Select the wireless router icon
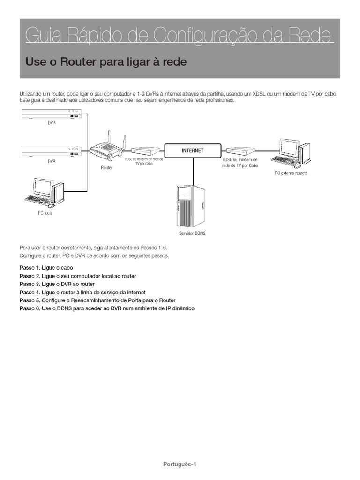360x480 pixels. pos(107,149)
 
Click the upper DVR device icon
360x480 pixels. pos(52,113)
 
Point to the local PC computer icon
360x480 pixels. pos(45,193)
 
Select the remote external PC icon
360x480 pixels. pos(292,153)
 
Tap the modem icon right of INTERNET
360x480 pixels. pos(240,150)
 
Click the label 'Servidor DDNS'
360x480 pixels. pos(192,233)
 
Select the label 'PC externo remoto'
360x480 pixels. pos(291,173)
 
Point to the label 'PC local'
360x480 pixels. pos(45,213)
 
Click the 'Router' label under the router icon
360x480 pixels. pos(107,167)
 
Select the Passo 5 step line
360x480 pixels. pos(97,300)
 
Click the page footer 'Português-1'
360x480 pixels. pos(180,464)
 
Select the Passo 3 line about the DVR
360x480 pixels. pos(57,284)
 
